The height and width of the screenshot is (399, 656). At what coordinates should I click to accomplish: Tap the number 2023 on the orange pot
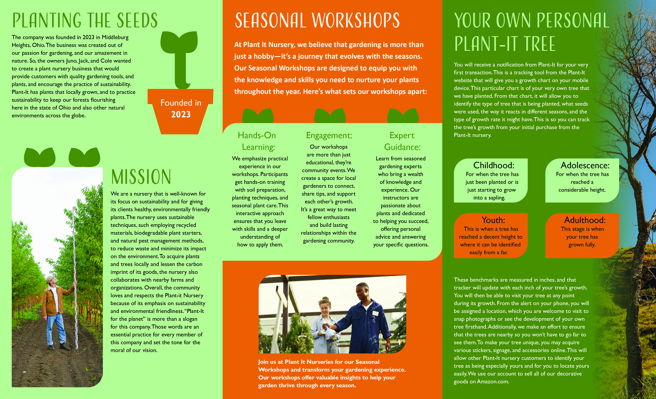(181, 114)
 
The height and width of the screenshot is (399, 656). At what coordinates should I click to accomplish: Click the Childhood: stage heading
(494, 165)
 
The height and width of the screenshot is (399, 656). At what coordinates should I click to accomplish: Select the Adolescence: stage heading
(585, 165)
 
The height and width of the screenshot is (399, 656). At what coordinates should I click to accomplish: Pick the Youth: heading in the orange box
(493, 220)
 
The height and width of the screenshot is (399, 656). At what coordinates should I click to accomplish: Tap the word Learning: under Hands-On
(258, 147)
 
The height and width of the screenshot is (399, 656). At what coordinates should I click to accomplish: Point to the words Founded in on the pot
(181, 103)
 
